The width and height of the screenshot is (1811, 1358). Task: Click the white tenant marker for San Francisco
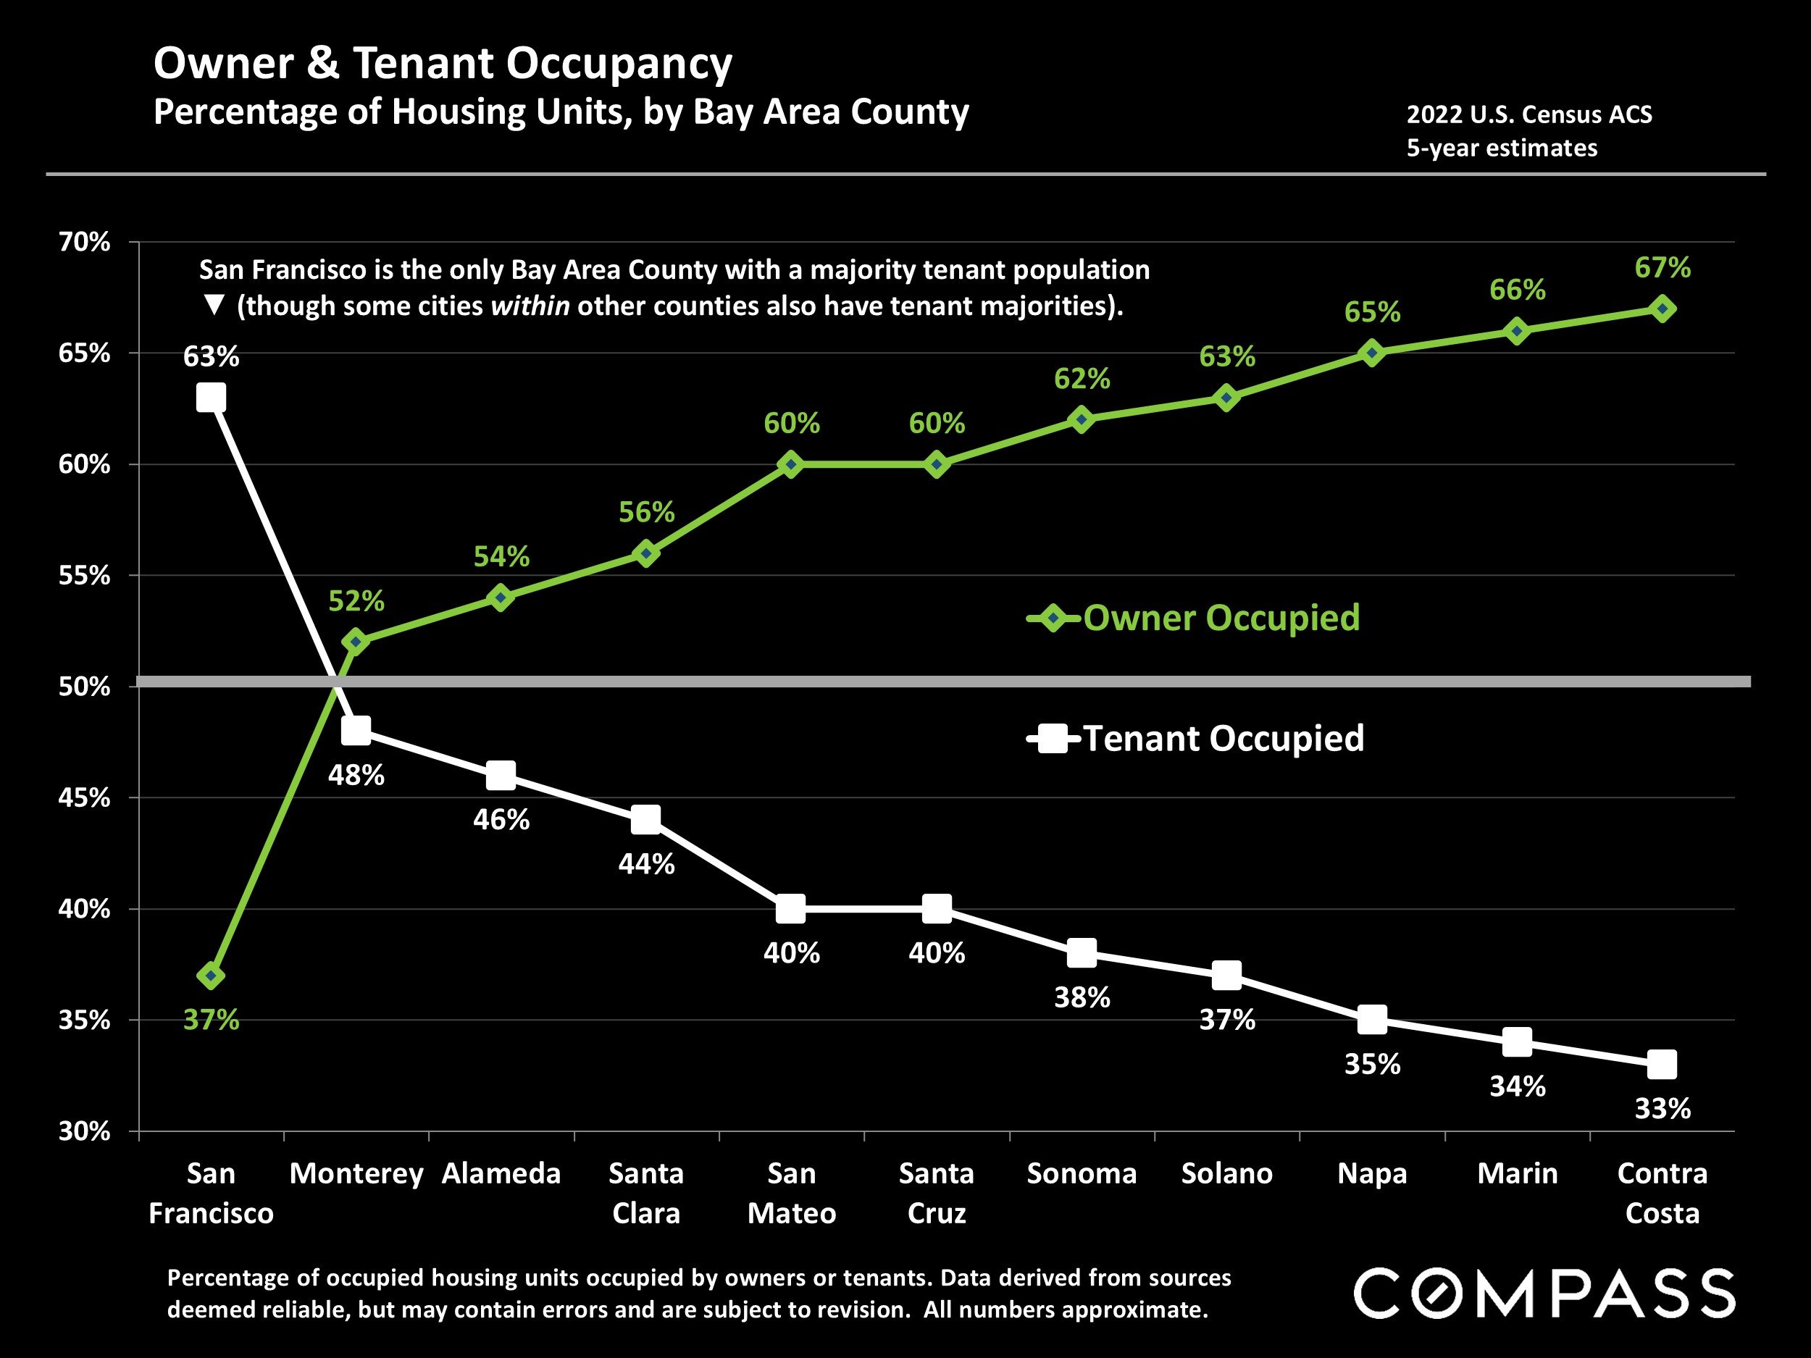coord(212,398)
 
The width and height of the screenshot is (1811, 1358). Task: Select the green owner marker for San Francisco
coord(212,976)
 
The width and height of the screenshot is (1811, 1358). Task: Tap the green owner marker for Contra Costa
coord(1662,309)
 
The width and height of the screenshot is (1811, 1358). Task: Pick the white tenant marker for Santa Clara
coord(646,819)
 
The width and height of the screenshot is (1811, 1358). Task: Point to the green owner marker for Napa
coord(1372,353)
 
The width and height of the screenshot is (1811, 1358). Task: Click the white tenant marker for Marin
coord(1517,1042)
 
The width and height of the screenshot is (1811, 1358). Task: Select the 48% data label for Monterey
coord(356,774)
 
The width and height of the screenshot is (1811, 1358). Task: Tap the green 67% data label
coord(1662,268)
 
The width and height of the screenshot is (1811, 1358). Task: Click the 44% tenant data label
coord(646,863)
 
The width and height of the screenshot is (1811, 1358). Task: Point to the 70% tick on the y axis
coord(84,243)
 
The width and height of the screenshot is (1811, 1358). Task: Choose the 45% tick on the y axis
coord(84,798)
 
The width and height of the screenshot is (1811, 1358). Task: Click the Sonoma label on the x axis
coord(1082,1173)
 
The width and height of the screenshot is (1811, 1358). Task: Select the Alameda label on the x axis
coord(501,1173)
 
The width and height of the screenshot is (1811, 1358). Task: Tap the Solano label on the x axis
coord(1226,1173)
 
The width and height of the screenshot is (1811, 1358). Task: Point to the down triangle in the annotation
coord(214,306)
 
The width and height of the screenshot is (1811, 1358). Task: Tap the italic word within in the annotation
coord(530,306)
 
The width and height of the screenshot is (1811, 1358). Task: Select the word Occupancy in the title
coord(619,63)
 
